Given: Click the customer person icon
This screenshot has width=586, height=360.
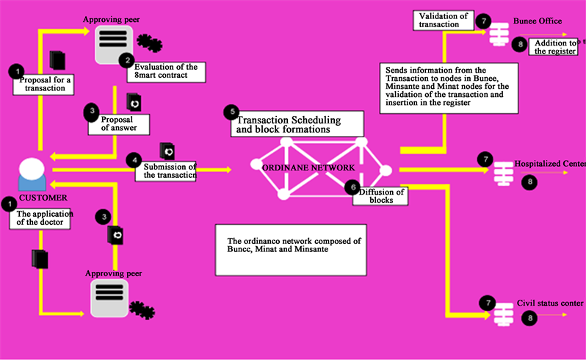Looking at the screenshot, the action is pyautogui.click(x=32, y=174).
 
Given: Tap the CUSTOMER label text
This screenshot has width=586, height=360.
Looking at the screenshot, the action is pyautogui.click(x=43, y=198).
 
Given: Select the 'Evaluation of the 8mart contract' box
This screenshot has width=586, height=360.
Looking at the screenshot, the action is pyautogui.click(x=166, y=72).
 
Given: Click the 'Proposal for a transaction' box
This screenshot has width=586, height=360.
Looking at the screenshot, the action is pyautogui.click(x=44, y=84).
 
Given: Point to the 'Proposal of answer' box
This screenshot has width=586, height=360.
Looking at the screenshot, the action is pyautogui.click(x=119, y=124).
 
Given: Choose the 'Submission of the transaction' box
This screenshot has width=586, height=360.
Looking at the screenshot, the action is pyautogui.click(x=165, y=172).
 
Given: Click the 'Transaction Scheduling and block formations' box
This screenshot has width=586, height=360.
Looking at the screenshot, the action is pyautogui.click(x=297, y=123).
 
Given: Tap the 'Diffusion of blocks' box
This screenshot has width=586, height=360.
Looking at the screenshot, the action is pyautogui.click(x=380, y=196).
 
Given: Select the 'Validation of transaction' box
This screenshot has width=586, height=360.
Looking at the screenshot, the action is pyautogui.click(x=444, y=20).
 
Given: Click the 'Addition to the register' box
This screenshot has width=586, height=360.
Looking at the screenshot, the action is pyautogui.click(x=554, y=47).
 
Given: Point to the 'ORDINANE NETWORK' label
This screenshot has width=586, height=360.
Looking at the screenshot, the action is pyautogui.click(x=308, y=168).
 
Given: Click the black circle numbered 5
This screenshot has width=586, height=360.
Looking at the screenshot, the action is pyautogui.click(x=232, y=112).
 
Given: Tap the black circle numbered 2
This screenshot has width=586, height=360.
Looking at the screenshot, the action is pyautogui.click(x=127, y=60).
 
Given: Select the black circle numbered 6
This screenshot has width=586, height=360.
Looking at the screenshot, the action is pyautogui.click(x=352, y=187).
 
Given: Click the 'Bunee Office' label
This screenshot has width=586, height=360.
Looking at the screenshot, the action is pyautogui.click(x=538, y=21).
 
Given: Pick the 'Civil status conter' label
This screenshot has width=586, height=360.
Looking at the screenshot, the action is pyautogui.click(x=550, y=303).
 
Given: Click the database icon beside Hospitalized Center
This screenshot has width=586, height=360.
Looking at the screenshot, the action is pyautogui.click(x=504, y=174).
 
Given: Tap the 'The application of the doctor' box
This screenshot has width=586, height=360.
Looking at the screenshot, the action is pyautogui.click(x=40, y=219).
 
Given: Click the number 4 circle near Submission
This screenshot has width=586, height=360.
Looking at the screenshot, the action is pyautogui.click(x=134, y=160).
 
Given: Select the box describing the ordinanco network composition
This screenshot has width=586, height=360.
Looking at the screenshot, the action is pyautogui.click(x=291, y=250).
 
